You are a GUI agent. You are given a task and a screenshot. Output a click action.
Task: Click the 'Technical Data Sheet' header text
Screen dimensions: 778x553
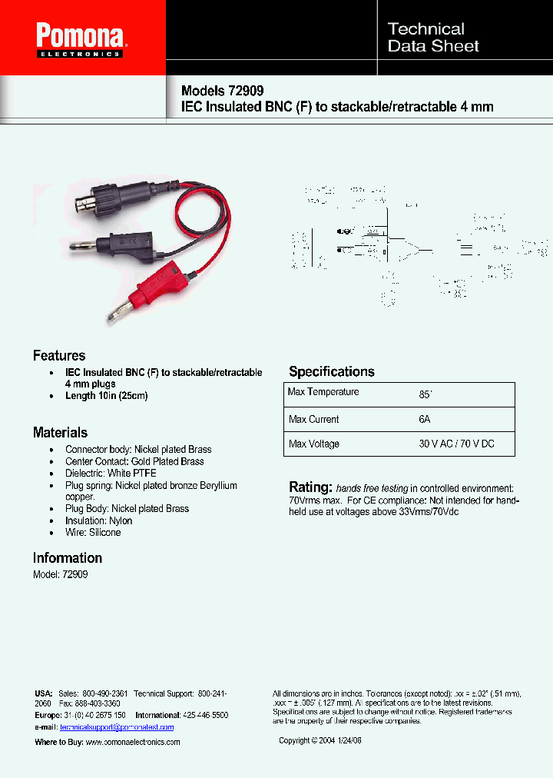[x=433, y=38]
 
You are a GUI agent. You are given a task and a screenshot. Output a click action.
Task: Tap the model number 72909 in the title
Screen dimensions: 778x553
[x=245, y=90]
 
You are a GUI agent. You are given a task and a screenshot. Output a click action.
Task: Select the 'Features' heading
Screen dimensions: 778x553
[x=59, y=356]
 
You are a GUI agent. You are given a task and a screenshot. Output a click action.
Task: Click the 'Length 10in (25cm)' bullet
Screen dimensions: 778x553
[x=106, y=396]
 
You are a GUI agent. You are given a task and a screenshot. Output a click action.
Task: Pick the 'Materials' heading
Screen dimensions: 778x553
[x=60, y=433]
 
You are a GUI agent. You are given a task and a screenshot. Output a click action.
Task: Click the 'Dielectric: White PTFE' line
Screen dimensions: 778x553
[x=111, y=474]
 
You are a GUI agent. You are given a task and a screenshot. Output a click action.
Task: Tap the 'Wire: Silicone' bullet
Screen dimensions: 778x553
[x=93, y=533]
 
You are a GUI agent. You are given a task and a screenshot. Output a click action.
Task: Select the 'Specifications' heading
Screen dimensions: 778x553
[x=332, y=372]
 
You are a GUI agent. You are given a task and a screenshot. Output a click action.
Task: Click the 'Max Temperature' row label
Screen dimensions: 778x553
[x=323, y=392]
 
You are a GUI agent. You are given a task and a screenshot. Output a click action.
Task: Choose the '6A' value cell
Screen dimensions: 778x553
[x=425, y=420]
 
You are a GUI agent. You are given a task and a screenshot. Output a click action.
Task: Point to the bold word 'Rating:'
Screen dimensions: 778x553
[x=310, y=487]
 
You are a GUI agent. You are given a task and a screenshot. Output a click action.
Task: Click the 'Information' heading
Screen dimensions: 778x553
[x=68, y=558]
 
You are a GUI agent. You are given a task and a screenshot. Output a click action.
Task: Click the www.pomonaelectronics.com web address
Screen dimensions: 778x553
[x=132, y=742]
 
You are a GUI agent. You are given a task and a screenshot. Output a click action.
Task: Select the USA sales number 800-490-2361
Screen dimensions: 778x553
[x=104, y=693]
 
